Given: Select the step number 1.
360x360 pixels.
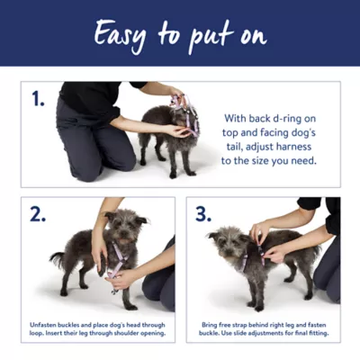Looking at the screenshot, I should [38, 98].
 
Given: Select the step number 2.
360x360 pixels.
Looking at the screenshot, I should [38, 214].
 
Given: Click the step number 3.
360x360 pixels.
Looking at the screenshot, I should [204, 214].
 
